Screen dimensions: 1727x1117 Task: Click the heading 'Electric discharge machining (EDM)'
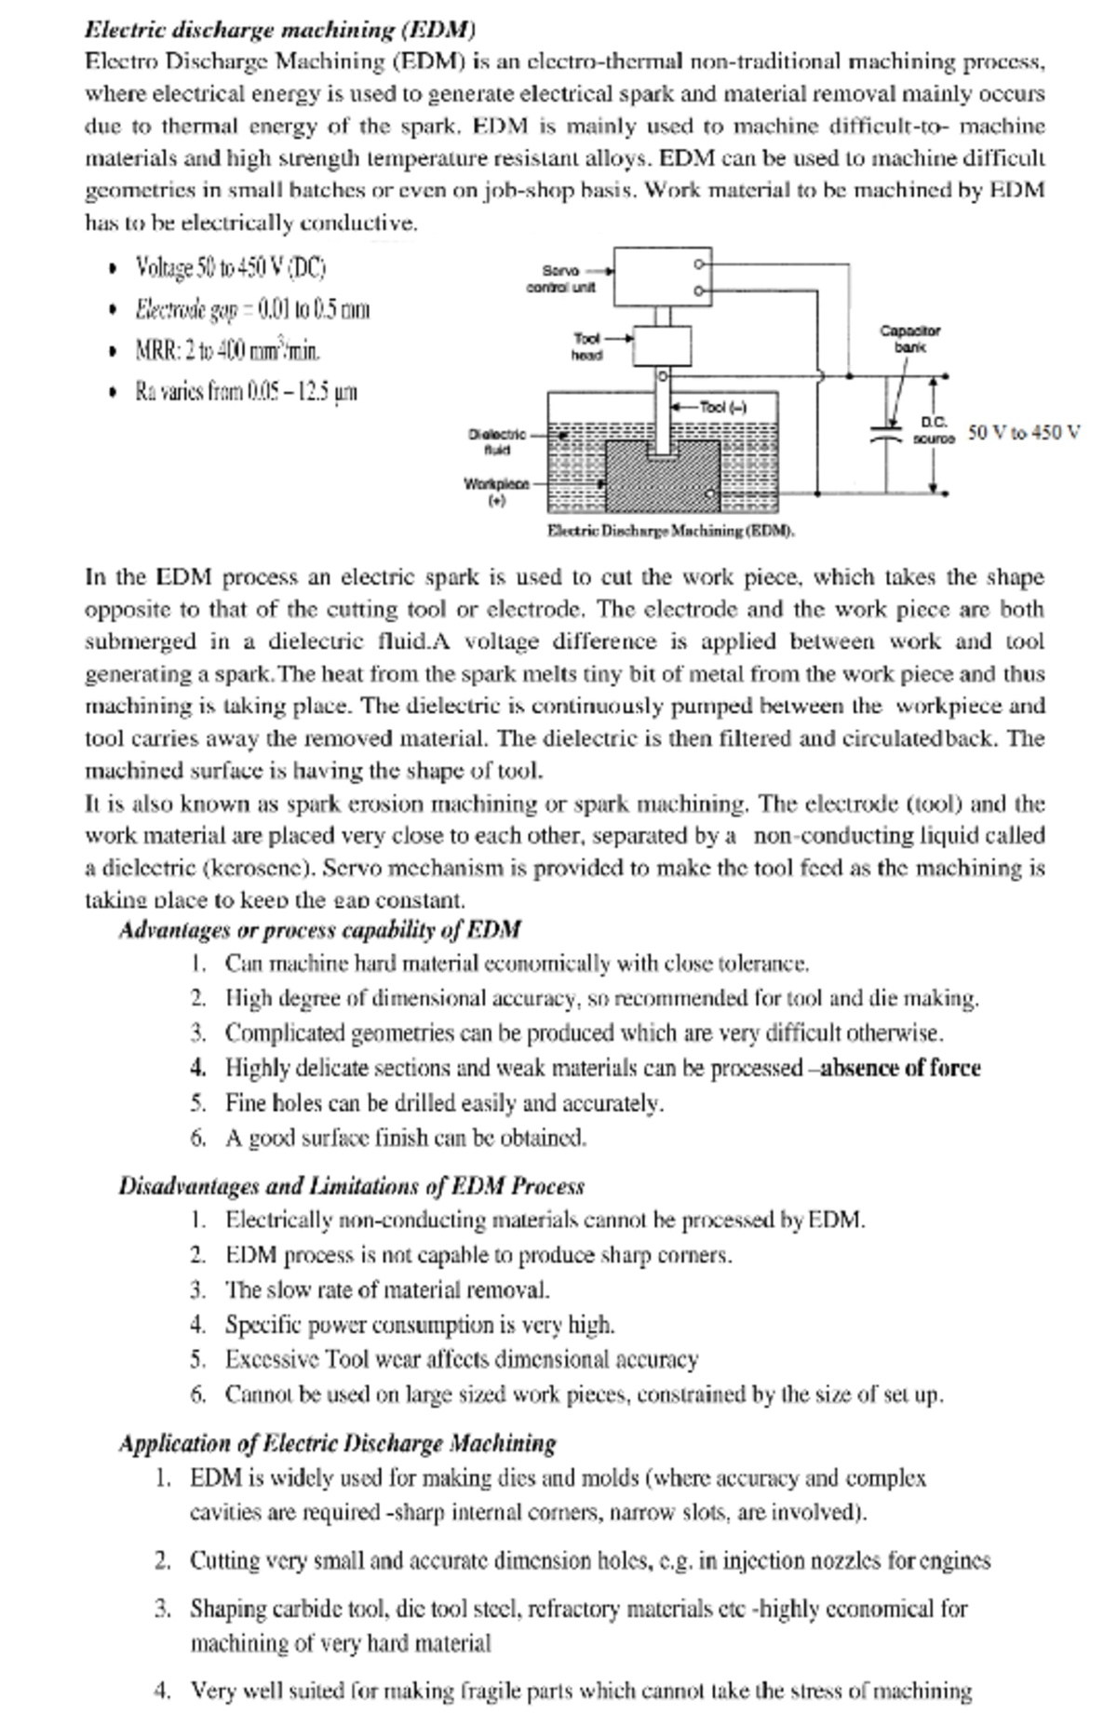[x=280, y=29]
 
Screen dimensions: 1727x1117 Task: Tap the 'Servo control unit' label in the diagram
[x=561, y=278]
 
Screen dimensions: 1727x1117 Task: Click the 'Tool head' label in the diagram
[x=587, y=345]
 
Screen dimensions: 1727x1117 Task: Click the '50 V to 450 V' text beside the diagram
[x=1024, y=432]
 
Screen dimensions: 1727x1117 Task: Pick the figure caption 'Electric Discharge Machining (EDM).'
[x=669, y=532]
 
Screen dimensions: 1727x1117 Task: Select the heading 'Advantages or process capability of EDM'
[x=319, y=929]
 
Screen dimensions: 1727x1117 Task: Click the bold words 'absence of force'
[x=900, y=1068]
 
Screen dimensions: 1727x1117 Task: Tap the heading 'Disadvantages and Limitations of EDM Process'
[x=351, y=1186]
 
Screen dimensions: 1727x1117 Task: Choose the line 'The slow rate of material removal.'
[x=387, y=1289]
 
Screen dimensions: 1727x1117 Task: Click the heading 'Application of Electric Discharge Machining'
[x=337, y=1444]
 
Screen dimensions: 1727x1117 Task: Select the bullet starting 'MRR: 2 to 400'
[x=229, y=351]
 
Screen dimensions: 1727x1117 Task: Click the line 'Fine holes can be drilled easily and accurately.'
[x=444, y=1103]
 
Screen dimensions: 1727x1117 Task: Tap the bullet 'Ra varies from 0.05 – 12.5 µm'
[x=246, y=391]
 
